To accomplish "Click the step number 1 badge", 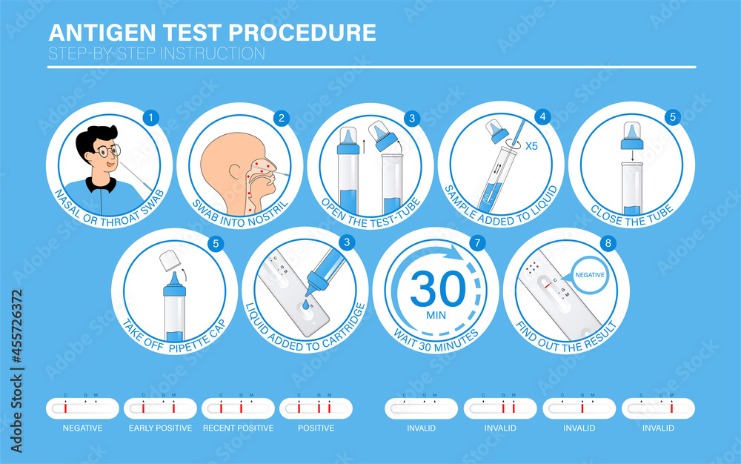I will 150,117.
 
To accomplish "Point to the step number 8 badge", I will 607,242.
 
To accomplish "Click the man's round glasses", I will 108,151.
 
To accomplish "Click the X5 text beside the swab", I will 531,146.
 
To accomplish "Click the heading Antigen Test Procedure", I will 212,33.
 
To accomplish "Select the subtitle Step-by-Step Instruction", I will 156,53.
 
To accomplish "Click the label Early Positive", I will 160,428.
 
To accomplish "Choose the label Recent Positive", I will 238,428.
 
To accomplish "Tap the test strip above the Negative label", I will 82,408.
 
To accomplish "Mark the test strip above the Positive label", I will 316,408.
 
